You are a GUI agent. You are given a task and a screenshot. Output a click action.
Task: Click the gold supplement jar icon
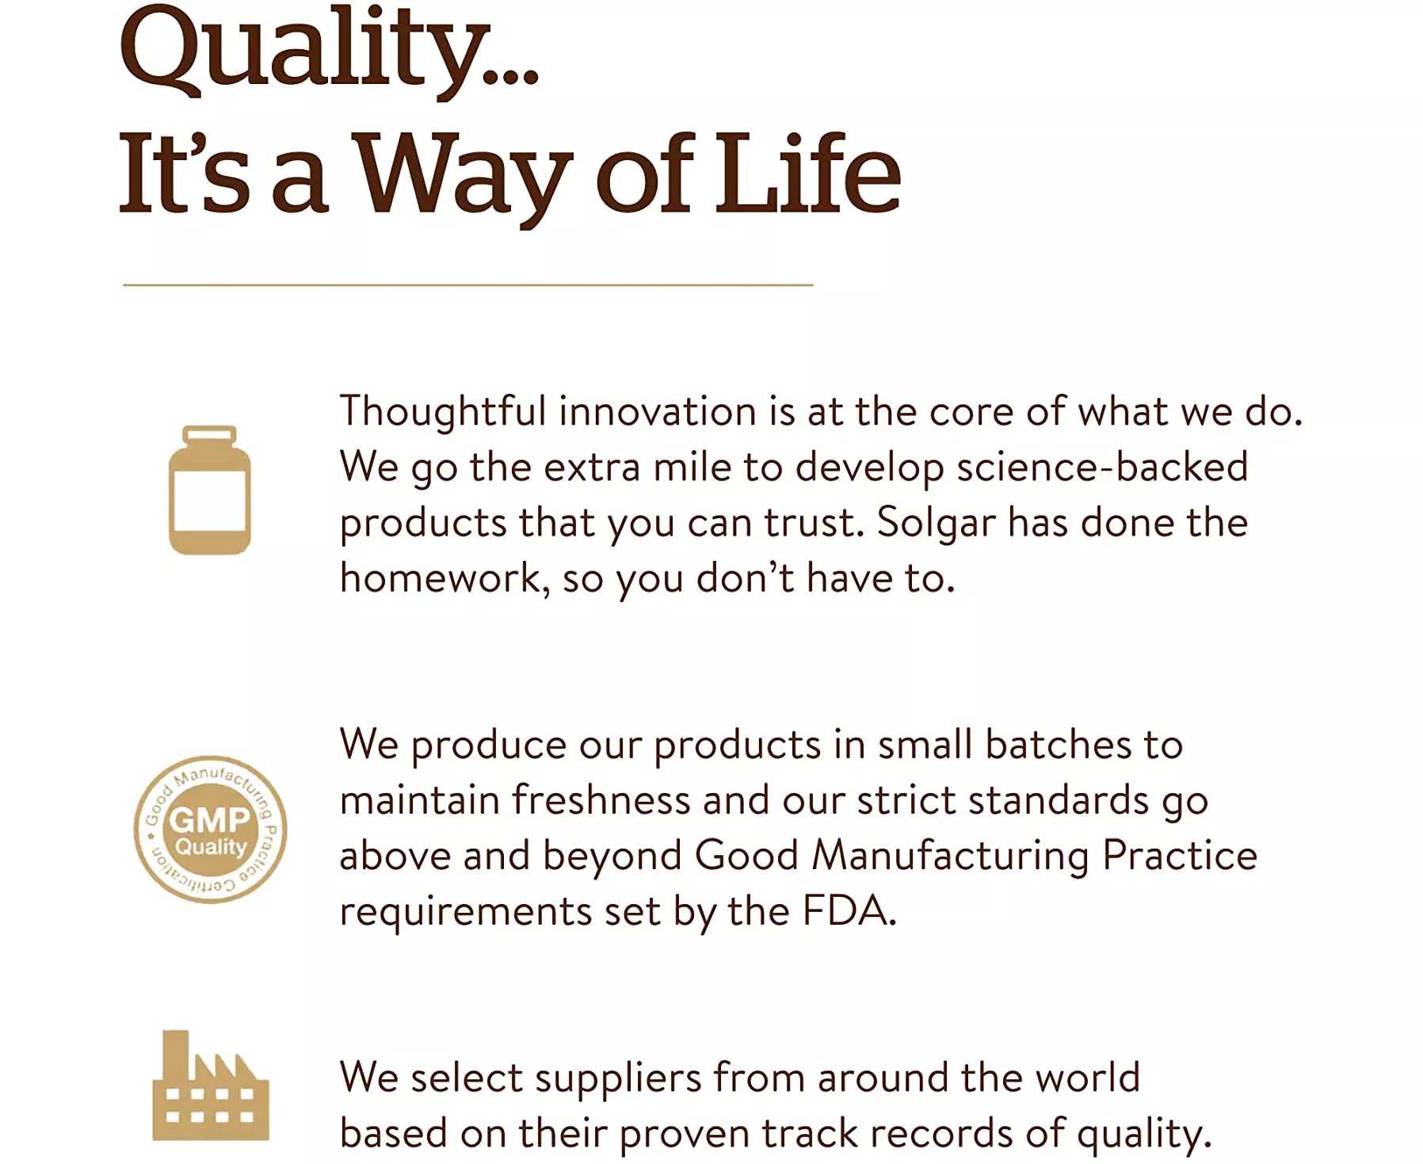(x=210, y=490)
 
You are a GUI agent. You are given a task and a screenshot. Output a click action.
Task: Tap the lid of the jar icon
(x=210, y=435)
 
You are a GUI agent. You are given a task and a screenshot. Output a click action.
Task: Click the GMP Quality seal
(x=210, y=829)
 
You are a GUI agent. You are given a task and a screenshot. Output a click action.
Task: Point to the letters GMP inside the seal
(x=210, y=819)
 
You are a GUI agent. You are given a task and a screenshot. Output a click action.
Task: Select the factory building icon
(x=211, y=1086)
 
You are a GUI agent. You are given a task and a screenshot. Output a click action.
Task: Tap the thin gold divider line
(x=468, y=284)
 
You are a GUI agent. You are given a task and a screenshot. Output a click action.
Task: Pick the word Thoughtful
(x=443, y=412)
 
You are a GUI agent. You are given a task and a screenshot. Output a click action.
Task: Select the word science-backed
(x=1102, y=467)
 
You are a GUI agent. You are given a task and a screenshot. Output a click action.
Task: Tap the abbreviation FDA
(x=849, y=910)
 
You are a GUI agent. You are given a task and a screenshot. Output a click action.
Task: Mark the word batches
(x=1059, y=745)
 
